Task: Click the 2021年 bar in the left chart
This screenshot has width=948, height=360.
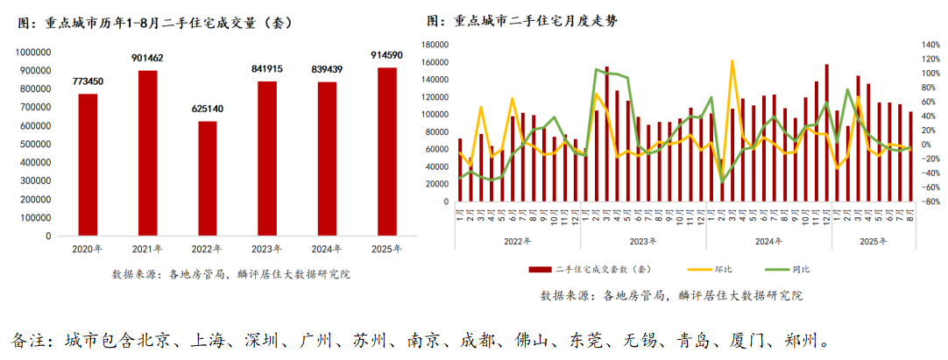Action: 147,152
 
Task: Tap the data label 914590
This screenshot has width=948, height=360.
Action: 386,55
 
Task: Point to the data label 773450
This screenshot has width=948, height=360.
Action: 88,81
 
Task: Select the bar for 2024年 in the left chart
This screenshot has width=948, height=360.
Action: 326,159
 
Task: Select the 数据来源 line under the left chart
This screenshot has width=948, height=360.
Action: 230,274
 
